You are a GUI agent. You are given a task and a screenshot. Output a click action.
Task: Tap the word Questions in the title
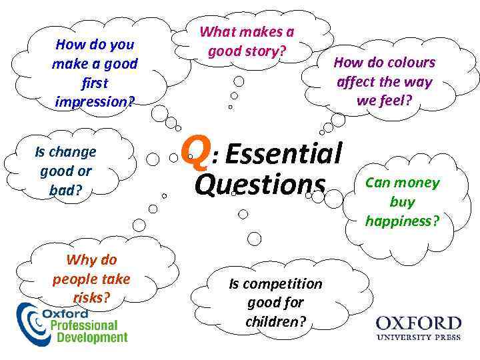[260, 183]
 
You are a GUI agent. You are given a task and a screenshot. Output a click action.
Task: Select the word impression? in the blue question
[95, 103]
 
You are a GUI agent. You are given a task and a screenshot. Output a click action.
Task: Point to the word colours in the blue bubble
[409, 63]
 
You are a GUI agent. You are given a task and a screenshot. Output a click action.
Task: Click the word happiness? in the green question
[402, 221]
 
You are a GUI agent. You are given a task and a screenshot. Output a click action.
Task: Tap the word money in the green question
[417, 183]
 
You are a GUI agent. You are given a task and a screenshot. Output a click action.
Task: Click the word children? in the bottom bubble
[275, 321]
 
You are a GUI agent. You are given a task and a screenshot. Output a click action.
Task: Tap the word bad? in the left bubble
[65, 189]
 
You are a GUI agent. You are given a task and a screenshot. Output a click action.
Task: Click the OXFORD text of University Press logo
[419, 324]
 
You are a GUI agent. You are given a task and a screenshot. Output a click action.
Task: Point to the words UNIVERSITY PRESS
[419, 338]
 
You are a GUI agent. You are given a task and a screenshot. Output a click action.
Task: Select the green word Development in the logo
[91, 337]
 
